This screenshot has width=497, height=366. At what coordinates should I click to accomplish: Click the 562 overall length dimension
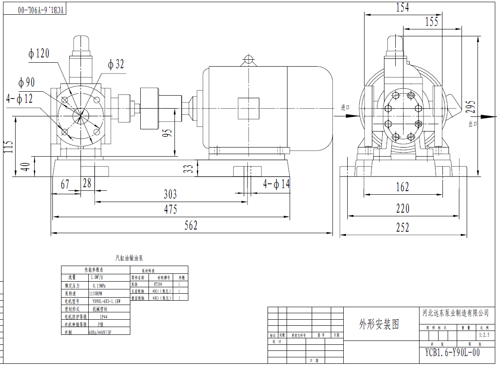pos(191,225)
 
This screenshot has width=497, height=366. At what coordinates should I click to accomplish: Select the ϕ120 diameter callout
pos(39,54)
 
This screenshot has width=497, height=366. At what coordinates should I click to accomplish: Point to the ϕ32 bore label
pos(116,64)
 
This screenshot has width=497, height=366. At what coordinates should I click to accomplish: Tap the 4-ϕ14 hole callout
pos(276,184)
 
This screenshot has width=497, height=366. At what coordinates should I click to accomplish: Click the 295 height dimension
pos(471,107)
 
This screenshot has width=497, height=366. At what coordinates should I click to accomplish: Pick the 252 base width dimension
pos(402,228)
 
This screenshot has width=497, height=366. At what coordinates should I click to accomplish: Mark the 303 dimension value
pos(170,194)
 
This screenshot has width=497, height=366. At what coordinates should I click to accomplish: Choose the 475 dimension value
pos(170,209)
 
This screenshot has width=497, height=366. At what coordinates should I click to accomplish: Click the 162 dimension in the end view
pos(402,187)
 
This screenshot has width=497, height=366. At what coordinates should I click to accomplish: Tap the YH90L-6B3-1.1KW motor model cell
pos(106,301)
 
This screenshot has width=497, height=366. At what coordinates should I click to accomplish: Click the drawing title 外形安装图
pos(379,324)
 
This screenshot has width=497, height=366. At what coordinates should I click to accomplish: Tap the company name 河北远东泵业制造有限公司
pos(455,313)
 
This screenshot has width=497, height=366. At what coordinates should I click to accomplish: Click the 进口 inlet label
pos(345,108)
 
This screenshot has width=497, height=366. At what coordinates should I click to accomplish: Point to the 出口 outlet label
pos(473,124)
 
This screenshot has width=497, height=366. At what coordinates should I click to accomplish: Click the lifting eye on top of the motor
pos(249,60)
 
